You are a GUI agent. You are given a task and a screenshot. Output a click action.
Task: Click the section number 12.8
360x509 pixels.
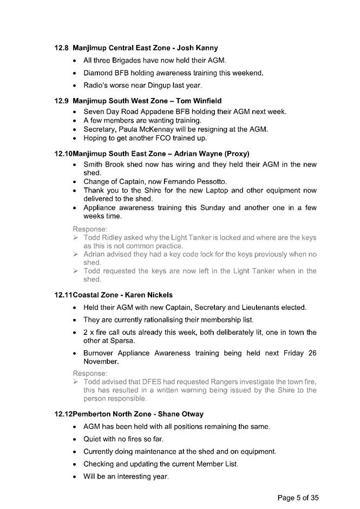pos(62,48)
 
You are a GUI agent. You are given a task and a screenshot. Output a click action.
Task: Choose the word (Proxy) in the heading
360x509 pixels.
pos(233,154)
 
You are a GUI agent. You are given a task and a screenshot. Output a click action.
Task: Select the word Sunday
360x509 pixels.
pos(211,208)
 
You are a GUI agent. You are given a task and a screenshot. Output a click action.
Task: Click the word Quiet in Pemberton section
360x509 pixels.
pos(93,439)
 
